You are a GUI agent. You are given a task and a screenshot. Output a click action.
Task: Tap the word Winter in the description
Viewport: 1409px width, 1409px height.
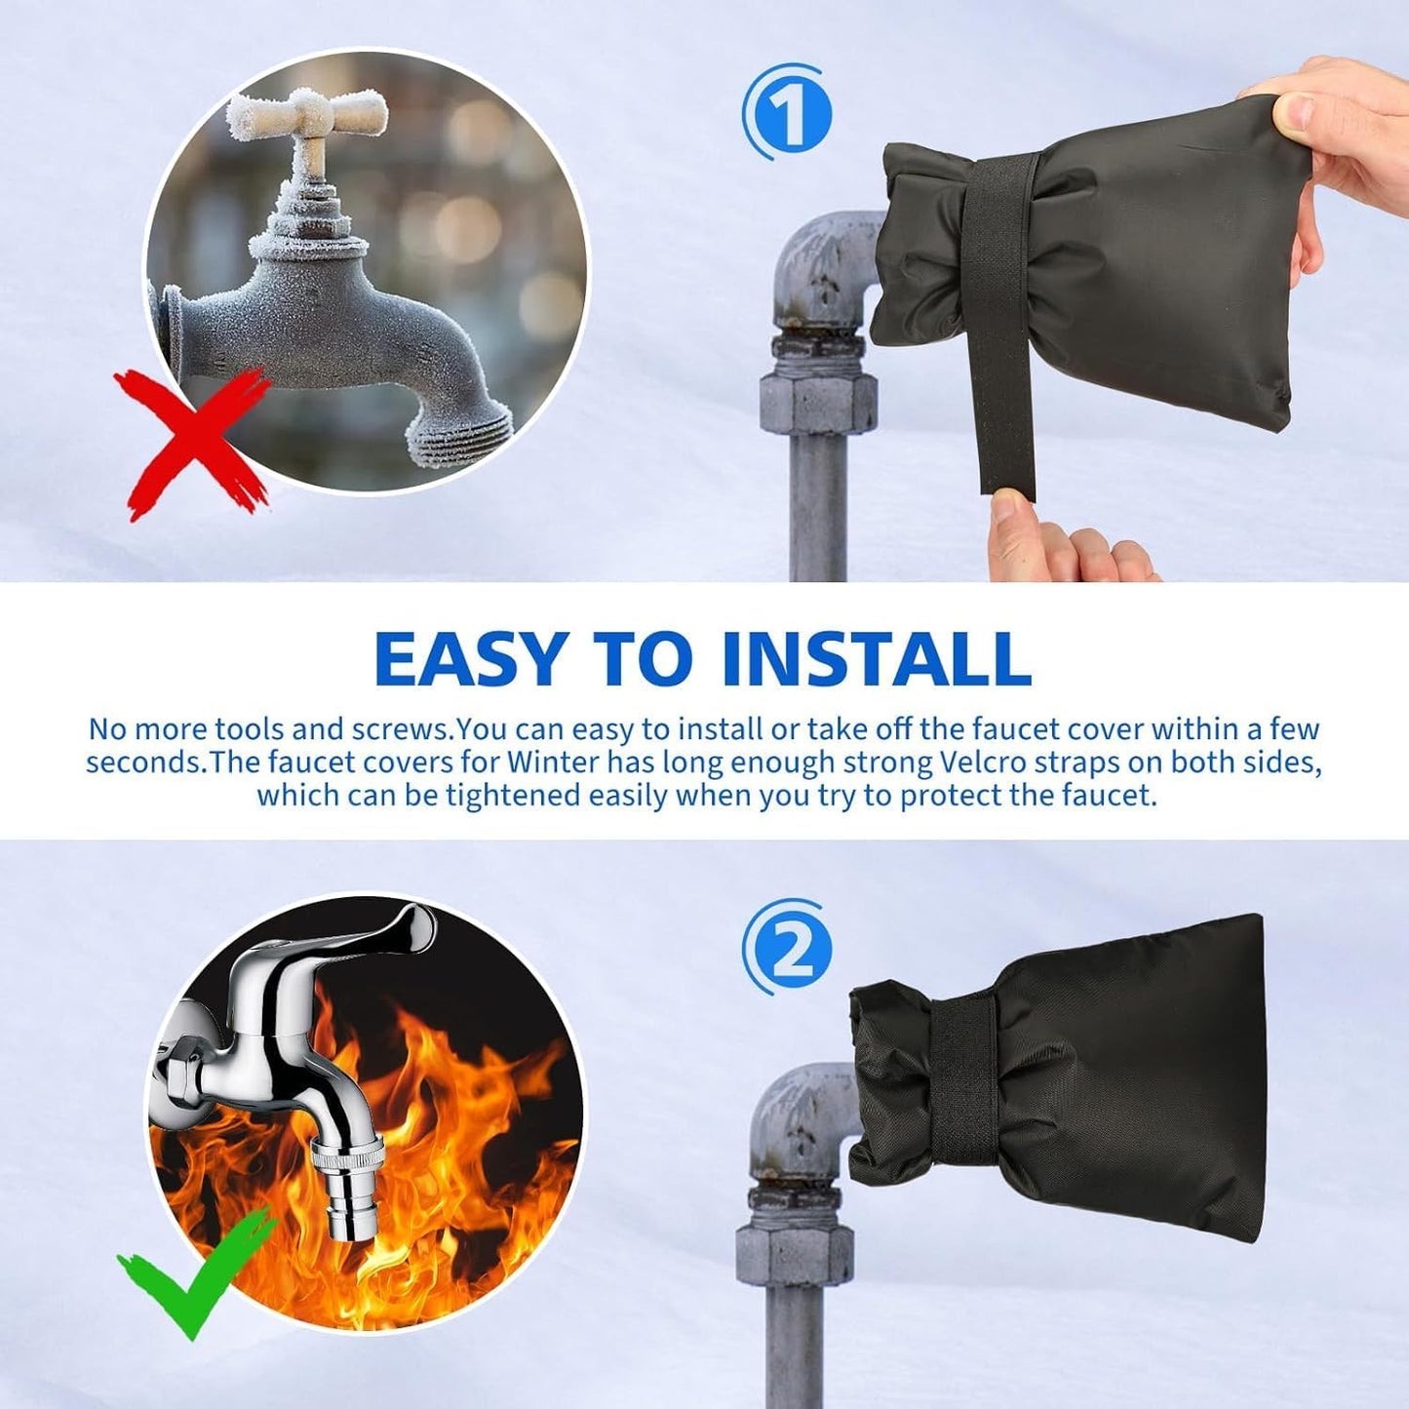click(553, 762)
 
